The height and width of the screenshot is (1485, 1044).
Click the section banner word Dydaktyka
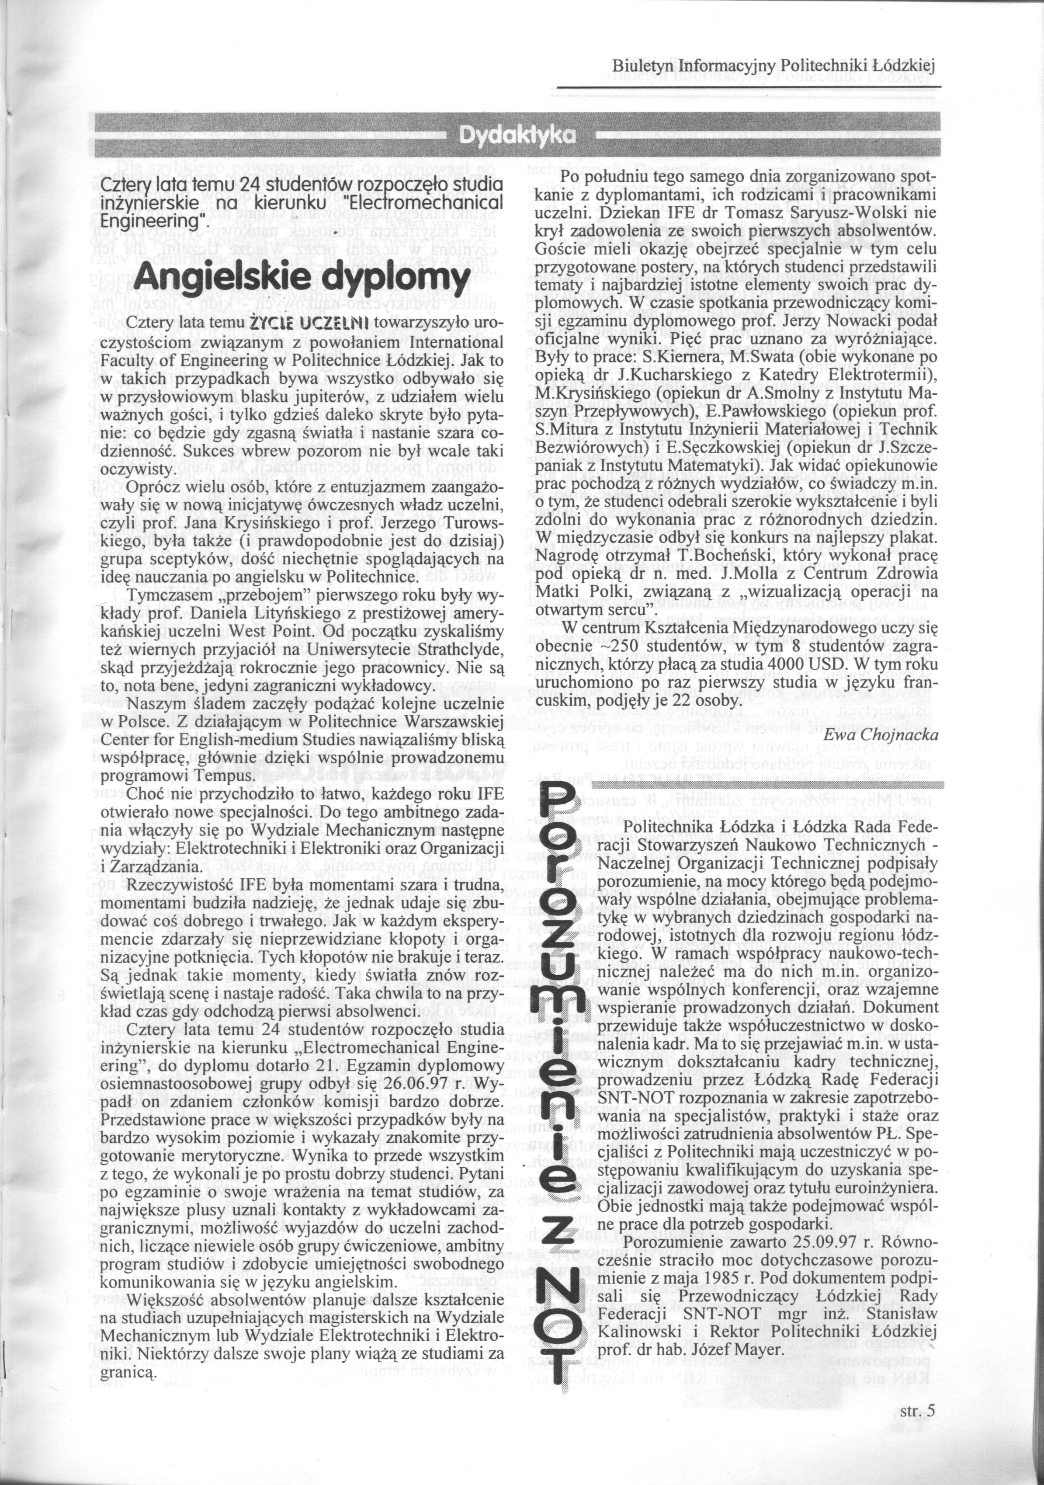point(517,135)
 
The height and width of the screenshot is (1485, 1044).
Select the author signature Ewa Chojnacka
point(881,735)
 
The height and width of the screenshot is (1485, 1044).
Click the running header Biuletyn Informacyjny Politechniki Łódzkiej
point(774,66)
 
